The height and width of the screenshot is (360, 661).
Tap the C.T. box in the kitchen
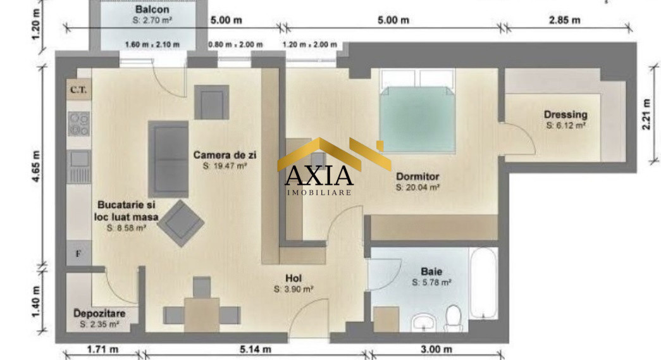pyautogui.click(x=78, y=90)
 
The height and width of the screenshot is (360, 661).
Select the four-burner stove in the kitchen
pyautogui.click(x=78, y=123)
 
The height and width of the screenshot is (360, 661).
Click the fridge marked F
pyautogui.click(x=78, y=254)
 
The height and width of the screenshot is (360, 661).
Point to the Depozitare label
pyautogui.click(x=99, y=314)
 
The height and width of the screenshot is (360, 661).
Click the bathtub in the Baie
pyautogui.click(x=485, y=282)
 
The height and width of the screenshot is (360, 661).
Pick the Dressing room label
pyautogui.click(x=565, y=115)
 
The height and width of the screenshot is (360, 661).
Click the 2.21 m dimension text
pyautogui.click(x=646, y=114)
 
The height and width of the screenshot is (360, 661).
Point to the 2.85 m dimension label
pyautogui.click(x=565, y=20)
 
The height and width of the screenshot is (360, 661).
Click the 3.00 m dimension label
pyautogui.click(x=436, y=349)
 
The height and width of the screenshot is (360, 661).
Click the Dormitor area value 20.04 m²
pyautogui.click(x=418, y=187)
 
